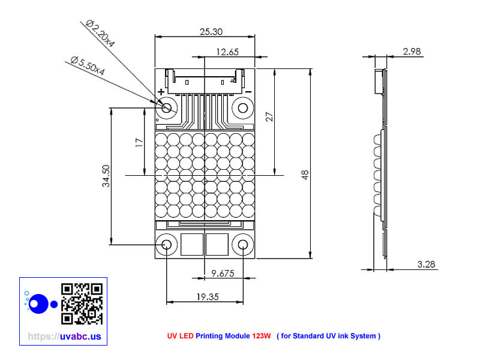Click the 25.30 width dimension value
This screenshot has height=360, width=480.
point(205,31)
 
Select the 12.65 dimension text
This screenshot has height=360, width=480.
point(227,52)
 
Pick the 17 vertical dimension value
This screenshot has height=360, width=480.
point(139,142)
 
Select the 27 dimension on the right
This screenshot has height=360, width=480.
point(269,117)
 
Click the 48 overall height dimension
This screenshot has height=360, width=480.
point(305,175)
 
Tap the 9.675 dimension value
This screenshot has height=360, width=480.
point(223,274)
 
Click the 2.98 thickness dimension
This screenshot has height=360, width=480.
point(412,52)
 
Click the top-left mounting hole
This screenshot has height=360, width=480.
point(167,108)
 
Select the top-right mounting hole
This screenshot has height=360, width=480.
point(243,108)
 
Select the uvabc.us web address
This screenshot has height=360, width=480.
point(65,337)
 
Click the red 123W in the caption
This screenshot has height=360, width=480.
point(261,336)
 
